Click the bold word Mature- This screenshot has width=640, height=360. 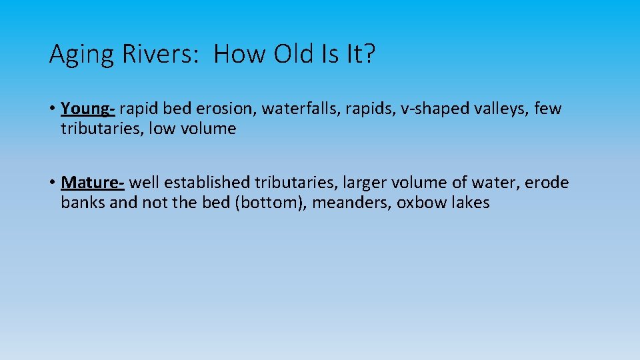(x=93, y=183)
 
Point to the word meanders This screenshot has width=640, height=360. (x=351, y=203)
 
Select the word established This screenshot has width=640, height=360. (x=207, y=183)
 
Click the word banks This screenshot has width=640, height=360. (x=83, y=203)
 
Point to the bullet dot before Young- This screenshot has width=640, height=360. (x=52, y=109)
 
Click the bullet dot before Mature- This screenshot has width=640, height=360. (x=52, y=183)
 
